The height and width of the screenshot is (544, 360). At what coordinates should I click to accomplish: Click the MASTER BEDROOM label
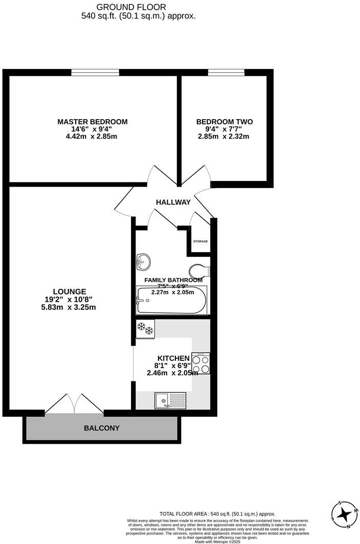(92, 122)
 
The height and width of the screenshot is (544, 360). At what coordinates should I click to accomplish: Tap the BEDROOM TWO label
(224, 122)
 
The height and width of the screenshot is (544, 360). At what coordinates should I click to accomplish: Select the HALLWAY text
(173, 202)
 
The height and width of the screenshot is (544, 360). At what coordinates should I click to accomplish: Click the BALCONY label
(101, 427)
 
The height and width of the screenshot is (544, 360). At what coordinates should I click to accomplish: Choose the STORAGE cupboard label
(200, 241)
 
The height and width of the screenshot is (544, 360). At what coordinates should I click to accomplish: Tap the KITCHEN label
(173, 358)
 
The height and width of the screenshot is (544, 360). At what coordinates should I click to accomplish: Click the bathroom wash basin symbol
(143, 262)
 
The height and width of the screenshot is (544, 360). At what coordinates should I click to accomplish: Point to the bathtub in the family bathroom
(171, 301)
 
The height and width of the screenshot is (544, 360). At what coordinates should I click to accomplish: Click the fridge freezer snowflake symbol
(145, 329)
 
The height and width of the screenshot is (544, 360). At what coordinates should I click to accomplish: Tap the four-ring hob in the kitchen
(200, 364)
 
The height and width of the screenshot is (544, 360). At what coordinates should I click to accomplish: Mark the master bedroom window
(95, 73)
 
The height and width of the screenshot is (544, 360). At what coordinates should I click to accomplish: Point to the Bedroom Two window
(226, 73)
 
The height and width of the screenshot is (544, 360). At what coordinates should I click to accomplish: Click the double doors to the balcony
(75, 404)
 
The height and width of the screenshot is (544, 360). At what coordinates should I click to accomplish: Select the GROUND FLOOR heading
(138, 7)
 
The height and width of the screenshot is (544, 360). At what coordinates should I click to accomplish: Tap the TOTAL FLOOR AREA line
(218, 514)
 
